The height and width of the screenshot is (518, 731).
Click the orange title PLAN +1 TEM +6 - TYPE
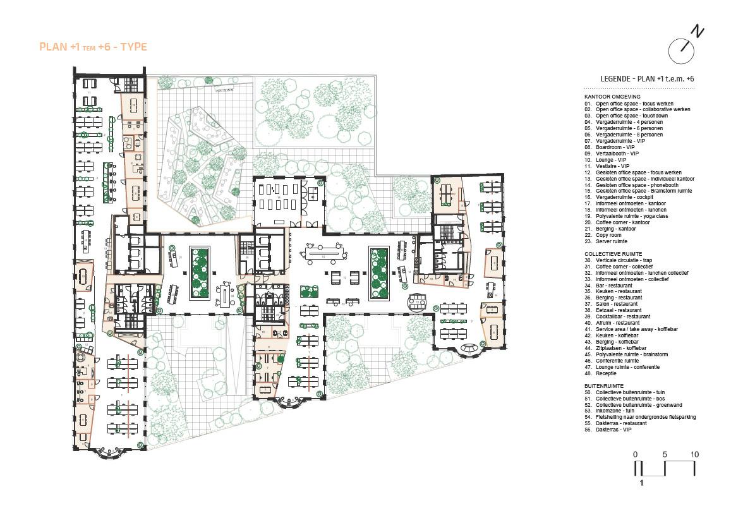[93, 47]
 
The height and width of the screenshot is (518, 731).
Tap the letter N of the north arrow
[698, 32]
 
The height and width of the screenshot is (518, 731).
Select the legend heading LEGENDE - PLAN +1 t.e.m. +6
[648, 78]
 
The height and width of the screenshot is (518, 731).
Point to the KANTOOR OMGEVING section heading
[612, 97]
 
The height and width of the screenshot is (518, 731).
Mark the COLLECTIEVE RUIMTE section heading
[613, 253]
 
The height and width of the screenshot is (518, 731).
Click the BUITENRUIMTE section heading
[604, 385]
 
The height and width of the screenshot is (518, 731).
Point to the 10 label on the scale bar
[694, 454]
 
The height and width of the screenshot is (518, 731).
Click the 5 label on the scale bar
[665, 454]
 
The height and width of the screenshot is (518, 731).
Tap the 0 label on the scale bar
[636, 454]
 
